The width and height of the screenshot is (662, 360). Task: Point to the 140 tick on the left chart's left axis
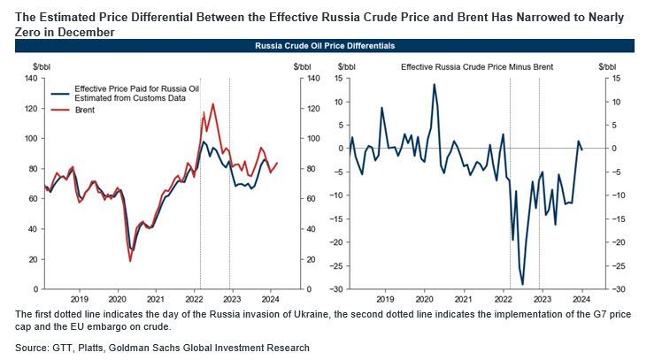tap(29, 79)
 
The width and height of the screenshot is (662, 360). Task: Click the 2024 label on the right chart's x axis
tap(583, 299)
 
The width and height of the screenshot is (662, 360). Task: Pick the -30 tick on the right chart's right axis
tap(611, 289)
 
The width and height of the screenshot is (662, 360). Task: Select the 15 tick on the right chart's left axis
tap(325, 79)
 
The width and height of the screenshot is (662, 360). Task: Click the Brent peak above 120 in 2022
tap(212, 104)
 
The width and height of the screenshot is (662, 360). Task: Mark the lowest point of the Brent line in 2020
tap(130, 260)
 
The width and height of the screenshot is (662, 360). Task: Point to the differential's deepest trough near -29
tap(522, 284)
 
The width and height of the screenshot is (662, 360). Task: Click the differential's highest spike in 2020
tap(434, 85)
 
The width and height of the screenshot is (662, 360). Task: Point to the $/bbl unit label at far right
tap(608, 66)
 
